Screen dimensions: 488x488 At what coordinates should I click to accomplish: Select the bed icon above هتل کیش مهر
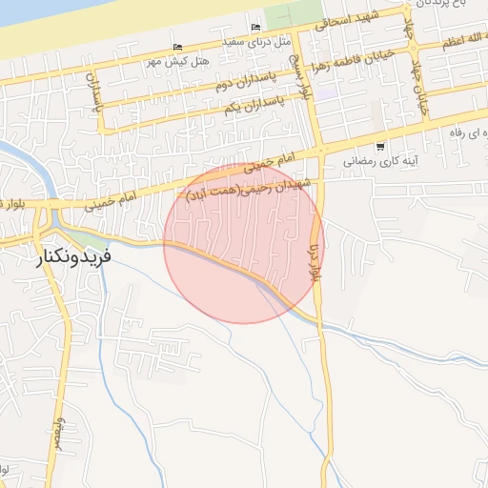177,50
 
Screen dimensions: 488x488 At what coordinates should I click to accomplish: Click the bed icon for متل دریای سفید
254,28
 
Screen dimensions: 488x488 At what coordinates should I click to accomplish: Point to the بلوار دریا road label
315,258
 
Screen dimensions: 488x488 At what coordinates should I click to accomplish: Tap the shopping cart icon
380,147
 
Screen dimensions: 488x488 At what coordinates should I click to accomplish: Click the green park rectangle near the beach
280,16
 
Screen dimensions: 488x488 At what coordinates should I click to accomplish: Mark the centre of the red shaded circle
244,243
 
